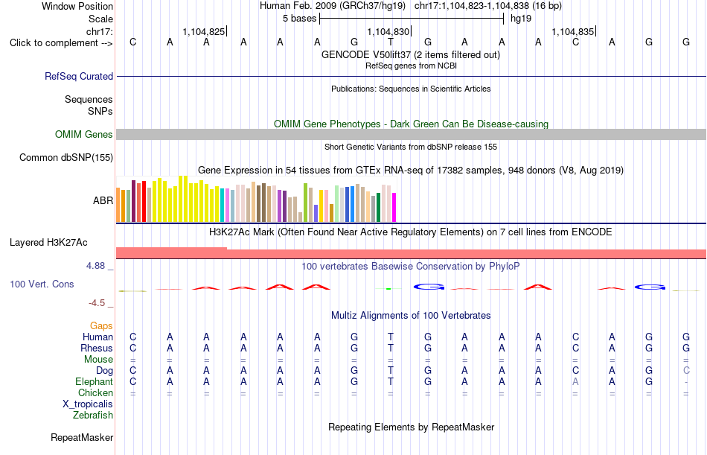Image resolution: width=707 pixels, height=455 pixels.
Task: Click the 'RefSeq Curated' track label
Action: coord(79,76)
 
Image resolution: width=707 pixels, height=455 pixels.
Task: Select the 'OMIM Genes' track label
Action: coord(84,135)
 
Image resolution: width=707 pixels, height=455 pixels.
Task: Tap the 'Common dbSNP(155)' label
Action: coord(66,158)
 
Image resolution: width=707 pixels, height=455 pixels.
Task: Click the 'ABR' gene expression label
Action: coord(103,200)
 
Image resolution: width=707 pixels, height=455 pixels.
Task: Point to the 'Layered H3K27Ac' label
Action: coord(48,243)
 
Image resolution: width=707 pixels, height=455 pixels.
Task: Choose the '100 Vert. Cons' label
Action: coord(42,284)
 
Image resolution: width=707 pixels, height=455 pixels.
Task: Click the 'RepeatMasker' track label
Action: coord(82,437)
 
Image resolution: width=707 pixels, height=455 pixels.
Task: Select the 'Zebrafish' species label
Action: coord(93,415)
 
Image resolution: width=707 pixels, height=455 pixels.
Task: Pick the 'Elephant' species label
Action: coord(94,382)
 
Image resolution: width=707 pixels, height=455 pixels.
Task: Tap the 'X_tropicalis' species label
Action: coord(88,404)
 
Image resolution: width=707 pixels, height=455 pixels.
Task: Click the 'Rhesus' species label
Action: coord(97,348)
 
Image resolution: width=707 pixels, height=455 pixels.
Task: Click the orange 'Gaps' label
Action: coord(101,326)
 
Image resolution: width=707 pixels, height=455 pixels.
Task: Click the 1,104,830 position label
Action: coord(388,31)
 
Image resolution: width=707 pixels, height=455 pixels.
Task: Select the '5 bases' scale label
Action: coord(299,19)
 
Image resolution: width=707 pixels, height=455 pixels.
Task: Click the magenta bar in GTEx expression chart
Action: coord(394,208)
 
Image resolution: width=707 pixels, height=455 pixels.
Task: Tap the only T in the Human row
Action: coord(391,337)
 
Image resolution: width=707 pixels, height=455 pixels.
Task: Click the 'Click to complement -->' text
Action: coord(61,43)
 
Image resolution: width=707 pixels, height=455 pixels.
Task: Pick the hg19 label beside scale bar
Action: coord(521,19)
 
